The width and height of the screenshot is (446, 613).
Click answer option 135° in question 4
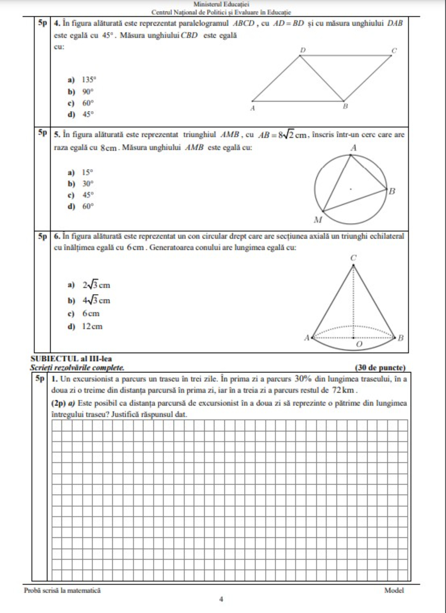click(x=89, y=80)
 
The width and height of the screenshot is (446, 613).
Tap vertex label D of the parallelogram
click(x=303, y=50)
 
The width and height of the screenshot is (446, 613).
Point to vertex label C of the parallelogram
click(x=394, y=51)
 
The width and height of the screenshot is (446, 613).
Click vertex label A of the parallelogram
click(x=252, y=108)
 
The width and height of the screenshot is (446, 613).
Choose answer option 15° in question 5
click(x=87, y=173)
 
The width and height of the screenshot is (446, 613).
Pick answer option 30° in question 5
click(x=88, y=184)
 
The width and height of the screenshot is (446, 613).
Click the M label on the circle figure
click(x=318, y=220)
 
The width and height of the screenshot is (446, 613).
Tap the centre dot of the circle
click(x=351, y=189)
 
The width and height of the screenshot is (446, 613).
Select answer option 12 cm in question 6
click(x=92, y=327)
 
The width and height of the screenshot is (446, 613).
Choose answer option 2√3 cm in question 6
click(x=96, y=285)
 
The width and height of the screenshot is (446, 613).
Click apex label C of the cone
click(x=353, y=258)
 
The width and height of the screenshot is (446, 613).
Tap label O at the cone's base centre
click(x=359, y=344)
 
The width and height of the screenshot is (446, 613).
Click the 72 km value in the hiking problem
click(x=343, y=390)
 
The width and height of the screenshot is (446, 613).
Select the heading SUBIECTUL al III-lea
click(x=71, y=359)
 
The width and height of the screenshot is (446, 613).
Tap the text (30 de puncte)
click(x=380, y=368)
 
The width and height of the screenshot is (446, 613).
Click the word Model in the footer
click(x=394, y=590)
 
